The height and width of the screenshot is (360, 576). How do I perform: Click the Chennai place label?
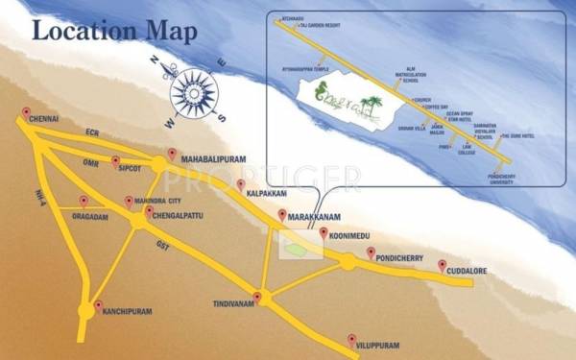45,119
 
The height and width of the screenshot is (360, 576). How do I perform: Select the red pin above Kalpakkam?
239,180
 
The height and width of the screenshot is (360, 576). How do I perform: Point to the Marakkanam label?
316,217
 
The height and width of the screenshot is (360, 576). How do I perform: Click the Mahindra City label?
158,201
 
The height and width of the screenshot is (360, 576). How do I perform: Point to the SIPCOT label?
131,165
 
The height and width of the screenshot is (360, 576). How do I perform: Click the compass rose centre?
195,95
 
